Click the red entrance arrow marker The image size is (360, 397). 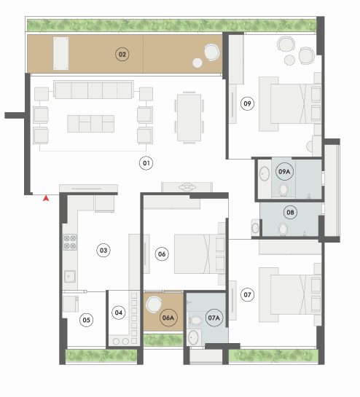click(x=46, y=198)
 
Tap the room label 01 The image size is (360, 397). click(x=146, y=163)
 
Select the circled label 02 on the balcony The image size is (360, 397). click(x=122, y=55)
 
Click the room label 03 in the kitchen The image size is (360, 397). click(x=103, y=251)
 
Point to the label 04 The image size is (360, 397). click(x=119, y=313)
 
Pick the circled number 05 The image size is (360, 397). click(x=87, y=320)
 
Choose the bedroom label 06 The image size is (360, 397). click(x=162, y=254)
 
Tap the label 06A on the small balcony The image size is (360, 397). click(x=168, y=318)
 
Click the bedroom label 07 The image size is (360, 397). click(x=247, y=295)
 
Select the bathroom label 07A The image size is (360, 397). click(x=214, y=318)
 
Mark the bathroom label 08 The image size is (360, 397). click(x=290, y=212)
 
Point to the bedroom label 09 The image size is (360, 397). click(x=247, y=103)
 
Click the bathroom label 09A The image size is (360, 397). click(x=284, y=171)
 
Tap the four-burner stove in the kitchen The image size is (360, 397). click(x=70, y=242)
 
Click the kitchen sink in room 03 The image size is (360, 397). click(x=70, y=277)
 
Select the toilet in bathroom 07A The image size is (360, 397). click(x=196, y=321)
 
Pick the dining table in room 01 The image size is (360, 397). click(x=189, y=117)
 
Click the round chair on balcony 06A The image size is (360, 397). click(x=154, y=304)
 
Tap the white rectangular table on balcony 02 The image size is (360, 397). click(x=60, y=53)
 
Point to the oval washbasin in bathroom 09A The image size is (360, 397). click(x=265, y=173)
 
